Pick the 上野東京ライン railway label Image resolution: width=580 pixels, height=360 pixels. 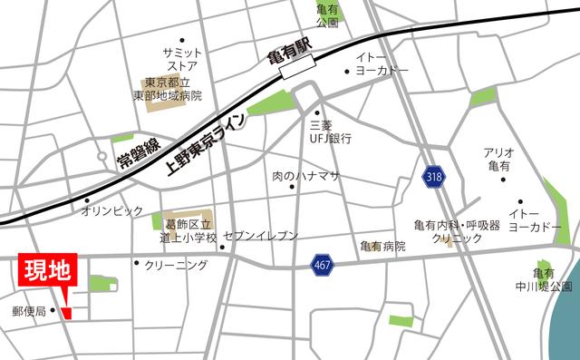click(201, 144)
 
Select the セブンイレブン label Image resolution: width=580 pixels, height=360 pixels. click(259, 236)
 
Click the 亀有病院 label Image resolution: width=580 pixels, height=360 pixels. click(381, 247)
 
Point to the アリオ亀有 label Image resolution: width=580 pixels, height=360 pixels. click(500, 161)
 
